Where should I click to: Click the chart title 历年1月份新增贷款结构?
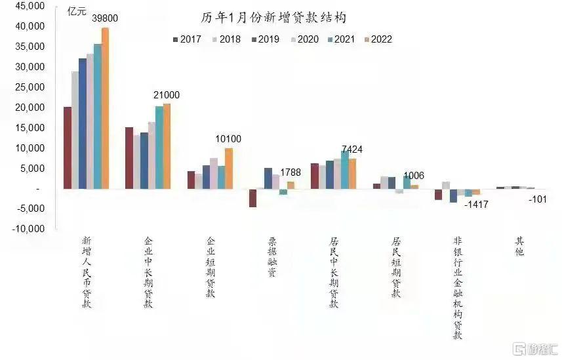click(273, 18)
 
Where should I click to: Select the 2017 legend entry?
click(187, 39)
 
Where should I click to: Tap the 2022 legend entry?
click(378, 39)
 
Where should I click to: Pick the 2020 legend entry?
click(304, 39)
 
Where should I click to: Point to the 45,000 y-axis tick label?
click(30, 6)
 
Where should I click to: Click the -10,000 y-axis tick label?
click(28, 228)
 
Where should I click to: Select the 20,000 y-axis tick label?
click(30, 107)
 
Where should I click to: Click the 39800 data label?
click(105, 18)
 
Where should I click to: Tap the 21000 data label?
click(167, 94)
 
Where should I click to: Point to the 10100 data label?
click(228, 139)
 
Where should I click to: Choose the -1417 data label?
click(476, 205)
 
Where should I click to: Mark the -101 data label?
click(538, 199)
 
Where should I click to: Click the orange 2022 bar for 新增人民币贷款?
click(105, 108)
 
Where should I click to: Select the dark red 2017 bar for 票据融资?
click(252, 198)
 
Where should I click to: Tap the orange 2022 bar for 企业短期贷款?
click(229, 169)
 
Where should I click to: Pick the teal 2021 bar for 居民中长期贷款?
click(345, 170)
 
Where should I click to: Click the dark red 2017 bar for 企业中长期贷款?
click(129, 158)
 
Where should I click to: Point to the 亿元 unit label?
click(77, 11)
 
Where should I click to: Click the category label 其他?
click(519, 246)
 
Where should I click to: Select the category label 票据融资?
click(272, 256)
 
